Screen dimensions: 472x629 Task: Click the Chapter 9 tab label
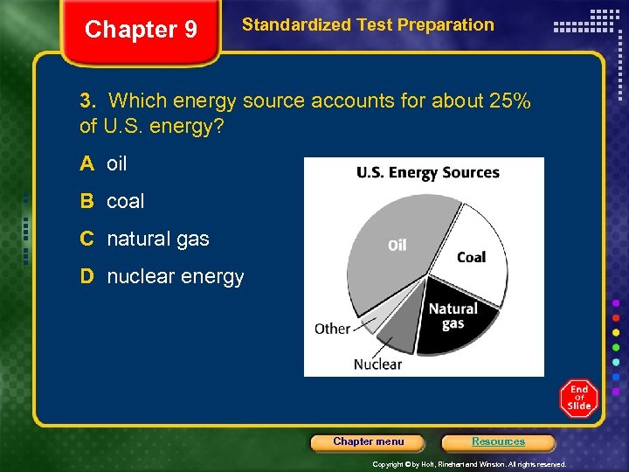[x=141, y=30]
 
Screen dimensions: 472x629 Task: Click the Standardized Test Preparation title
[x=367, y=25]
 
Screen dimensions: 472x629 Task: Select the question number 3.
[x=86, y=101]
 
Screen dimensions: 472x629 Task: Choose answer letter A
[x=86, y=163]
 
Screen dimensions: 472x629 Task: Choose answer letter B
[x=86, y=201]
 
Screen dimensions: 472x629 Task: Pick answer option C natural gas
[x=145, y=239]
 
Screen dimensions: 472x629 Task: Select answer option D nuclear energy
[x=162, y=277]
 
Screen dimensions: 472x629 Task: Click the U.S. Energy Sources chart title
[x=427, y=172]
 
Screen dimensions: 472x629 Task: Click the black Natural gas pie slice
[x=454, y=319]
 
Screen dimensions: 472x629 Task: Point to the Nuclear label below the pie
[x=377, y=364]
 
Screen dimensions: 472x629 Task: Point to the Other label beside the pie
[x=332, y=329]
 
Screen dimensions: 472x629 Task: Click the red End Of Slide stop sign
[x=578, y=399]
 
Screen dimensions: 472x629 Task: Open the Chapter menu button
[x=369, y=442]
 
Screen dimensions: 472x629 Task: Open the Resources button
[x=498, y=442]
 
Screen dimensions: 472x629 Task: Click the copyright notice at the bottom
[x=469, y=464]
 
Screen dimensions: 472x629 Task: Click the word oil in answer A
[x=117, y=163]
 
